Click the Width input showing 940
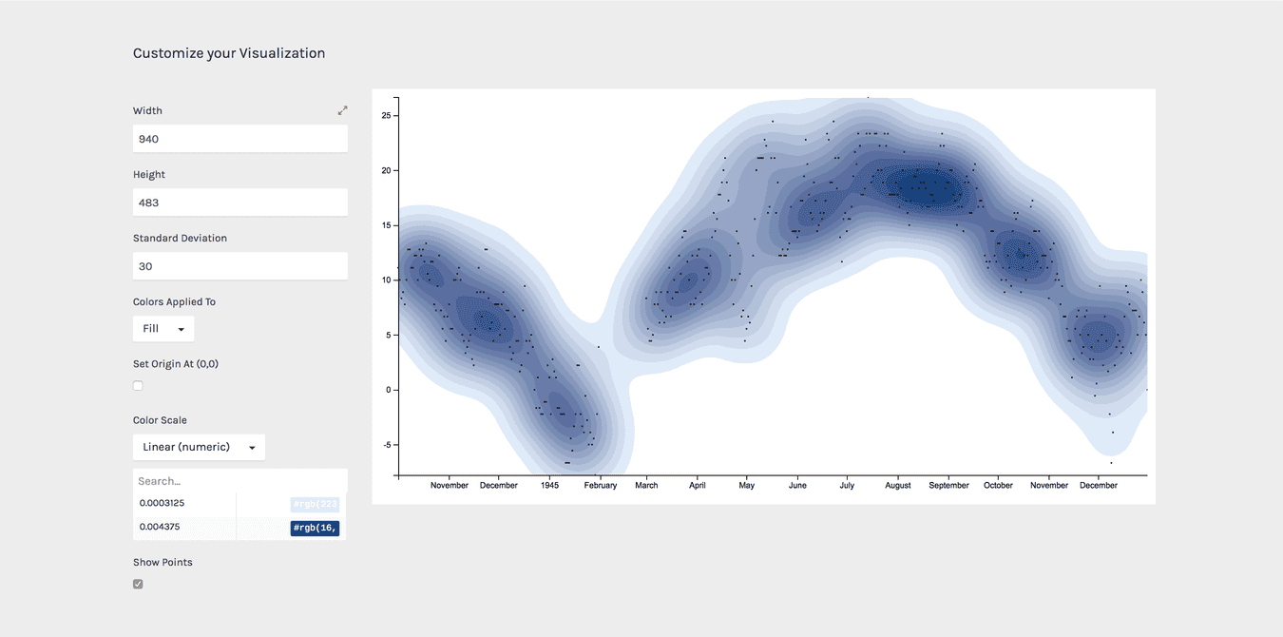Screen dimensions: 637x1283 point(239,139)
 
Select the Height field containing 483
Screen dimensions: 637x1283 point(239,203)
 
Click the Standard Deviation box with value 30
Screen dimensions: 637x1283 point(239,266)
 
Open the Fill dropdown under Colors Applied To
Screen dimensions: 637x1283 point(163,329)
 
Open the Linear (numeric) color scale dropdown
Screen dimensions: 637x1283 point(199,447)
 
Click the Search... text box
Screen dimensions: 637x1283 point(239,481)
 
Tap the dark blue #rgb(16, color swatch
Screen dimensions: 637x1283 point(315,529)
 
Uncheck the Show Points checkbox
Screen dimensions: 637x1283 point(138,584)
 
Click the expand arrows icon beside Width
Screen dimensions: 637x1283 point(342,110)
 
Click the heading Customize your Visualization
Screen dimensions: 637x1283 point(229,53)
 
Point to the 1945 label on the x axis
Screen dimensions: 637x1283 point(549,486)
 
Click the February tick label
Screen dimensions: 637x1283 point(600,486)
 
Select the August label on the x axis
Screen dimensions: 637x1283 point(897,486)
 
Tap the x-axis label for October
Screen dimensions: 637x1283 point(998,486)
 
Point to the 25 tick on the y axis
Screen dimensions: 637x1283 point(386,116)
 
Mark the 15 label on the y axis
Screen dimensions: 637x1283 point(386,225)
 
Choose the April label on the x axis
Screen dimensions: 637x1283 point(697,486)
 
